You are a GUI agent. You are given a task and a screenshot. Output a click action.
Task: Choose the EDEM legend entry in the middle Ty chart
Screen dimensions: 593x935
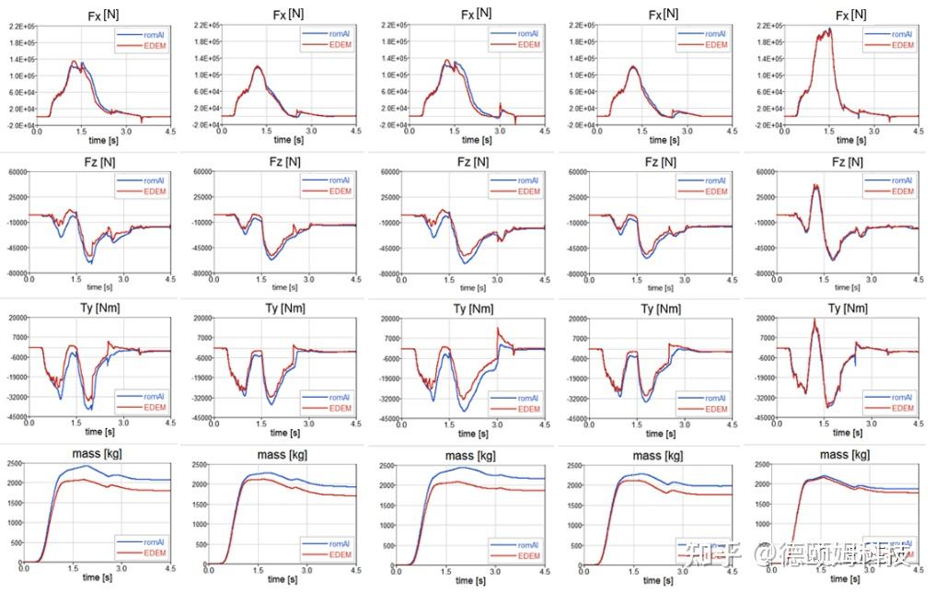(x=526, y=407)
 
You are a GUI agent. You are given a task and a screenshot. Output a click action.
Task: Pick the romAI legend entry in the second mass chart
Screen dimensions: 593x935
(x=339, y=543)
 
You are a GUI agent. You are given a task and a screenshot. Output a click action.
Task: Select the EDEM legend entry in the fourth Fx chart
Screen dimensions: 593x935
(x=714, y=44)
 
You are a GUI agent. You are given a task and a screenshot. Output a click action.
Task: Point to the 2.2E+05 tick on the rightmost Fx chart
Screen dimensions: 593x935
(x=767, y=26)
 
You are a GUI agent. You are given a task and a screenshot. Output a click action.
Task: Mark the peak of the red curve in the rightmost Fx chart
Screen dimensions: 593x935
(x=828, y=29)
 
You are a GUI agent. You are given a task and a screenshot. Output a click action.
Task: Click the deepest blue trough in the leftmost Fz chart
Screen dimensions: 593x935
(x=90, y=263)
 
